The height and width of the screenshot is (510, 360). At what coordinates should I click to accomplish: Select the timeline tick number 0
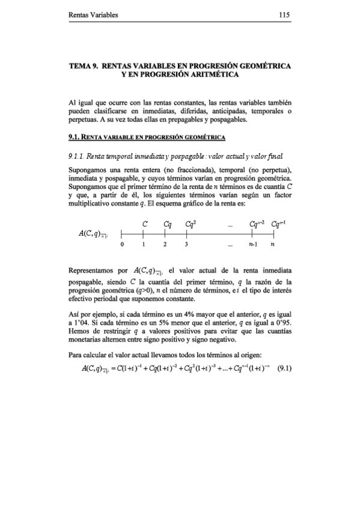122,245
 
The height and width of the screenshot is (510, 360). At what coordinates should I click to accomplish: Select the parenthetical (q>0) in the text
148,290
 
